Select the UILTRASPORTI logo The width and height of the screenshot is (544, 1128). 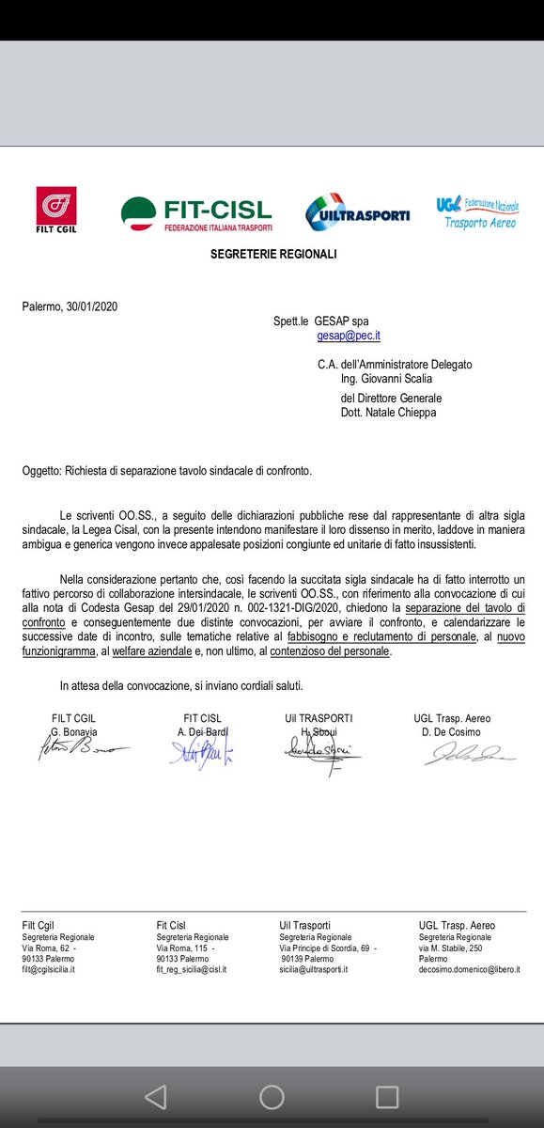pyautogui.click(x=358, y=212)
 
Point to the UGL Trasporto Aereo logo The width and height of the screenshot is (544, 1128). pyautogui.click(x=476, y=212)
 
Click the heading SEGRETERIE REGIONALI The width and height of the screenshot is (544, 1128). pyautogui.click(x=272, y=254)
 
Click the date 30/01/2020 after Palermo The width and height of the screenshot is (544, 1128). pyautogui.click(x=92, y=306)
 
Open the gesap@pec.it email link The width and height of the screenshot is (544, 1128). pyautogui.click(x=349, y=336)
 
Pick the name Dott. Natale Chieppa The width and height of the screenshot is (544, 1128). pyautogui.click(x=388, y=412)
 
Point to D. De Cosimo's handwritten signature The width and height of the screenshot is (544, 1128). pyautogui.click(x=462, y=754)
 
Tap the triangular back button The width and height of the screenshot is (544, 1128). pyautogui.click(x=155, y=1096)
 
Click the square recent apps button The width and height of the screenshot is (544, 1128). pyautogui.click(x=386, y=1096)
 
